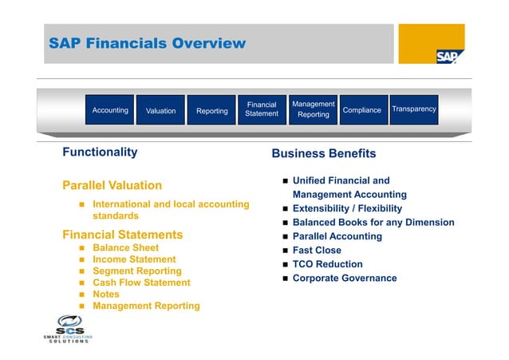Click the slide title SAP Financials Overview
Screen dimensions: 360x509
coord(147,43)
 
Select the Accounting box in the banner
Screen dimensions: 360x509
coord(110,110)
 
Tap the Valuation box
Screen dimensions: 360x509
coord(160,111)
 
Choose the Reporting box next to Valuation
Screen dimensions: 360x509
coord(212,111)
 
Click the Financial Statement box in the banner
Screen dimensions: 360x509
coord(262,109)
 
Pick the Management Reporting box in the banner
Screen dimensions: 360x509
coord(314,109)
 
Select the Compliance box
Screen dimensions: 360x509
coord(361,110)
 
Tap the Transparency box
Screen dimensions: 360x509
coord(414,109)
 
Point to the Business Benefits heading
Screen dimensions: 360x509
coord(323,153)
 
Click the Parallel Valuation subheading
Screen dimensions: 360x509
coord(112,186)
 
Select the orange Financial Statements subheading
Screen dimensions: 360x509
coord(122,235)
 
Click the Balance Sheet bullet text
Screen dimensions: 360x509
coord(126,248)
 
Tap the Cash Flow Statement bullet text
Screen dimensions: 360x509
coord(141,283)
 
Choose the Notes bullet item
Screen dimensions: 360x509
coord(106,294)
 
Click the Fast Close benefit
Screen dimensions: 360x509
coord(317,250)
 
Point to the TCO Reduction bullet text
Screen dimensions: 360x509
coord(327,264)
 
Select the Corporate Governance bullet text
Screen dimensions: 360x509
coord(344,278)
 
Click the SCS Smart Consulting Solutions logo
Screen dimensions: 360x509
coord(67,329)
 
